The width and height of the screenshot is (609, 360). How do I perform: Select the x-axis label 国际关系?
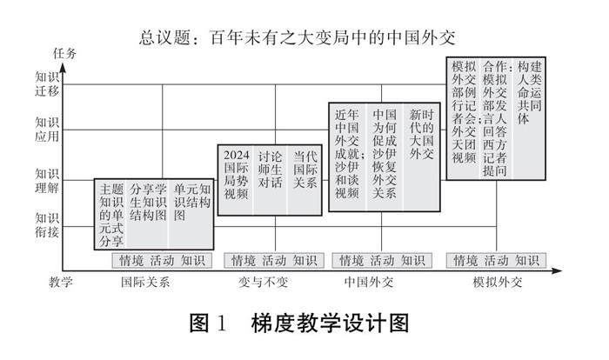coord(145,282)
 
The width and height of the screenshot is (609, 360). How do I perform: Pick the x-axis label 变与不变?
coord(262,282)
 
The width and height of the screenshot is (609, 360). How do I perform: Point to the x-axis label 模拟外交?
coord(498,282)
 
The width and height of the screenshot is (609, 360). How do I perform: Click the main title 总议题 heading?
coord(297,37)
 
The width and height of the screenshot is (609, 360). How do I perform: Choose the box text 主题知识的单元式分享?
coord(111,214)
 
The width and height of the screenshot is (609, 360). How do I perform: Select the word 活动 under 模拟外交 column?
coord(497,260)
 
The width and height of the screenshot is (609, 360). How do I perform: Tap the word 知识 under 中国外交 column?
coord(413,260)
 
